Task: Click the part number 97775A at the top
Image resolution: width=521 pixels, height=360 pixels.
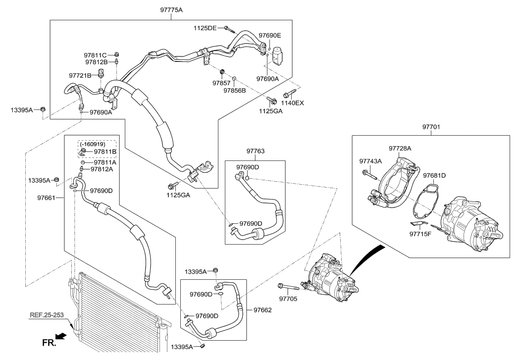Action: tap(171, 10)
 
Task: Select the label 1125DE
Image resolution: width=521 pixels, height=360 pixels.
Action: tap(205, 28)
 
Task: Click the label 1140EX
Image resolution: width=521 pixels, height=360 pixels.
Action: tap(292, 103)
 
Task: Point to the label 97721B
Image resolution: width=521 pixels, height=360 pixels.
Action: tap(80, 75)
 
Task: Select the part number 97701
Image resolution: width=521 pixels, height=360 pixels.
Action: tap(431, 127)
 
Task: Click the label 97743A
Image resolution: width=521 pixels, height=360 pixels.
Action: tap(370, 161)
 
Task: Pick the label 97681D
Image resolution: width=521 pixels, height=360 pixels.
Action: tap(434, 175)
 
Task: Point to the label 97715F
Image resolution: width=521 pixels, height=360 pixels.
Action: tap(420, 234)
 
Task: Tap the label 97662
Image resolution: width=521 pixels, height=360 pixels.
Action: tap(262, 310)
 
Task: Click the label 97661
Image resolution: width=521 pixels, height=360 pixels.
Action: tap(48, 198)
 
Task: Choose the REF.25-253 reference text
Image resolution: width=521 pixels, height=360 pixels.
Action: tap(46, 314)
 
